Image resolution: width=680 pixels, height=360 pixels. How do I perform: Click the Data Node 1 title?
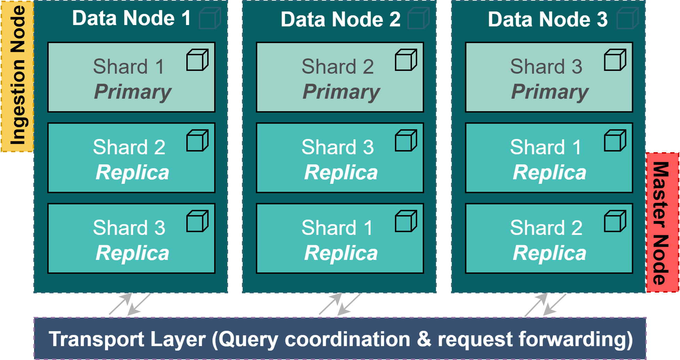click(x=131, y=18)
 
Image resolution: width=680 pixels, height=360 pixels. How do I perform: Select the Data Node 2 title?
click(x=340, y=19)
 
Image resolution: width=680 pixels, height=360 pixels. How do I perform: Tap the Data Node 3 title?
click(x=548, y=19)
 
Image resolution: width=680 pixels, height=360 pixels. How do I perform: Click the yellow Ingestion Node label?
click(x=17, y=76)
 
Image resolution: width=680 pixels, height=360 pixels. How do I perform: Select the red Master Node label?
click(x=662, y=222)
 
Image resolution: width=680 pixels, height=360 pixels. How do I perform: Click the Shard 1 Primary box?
click(x=131, y=77)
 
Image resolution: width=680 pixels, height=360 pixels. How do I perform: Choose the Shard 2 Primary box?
click(x=340, y=77)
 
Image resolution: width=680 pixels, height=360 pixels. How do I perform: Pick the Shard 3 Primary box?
click(x=549, y=77)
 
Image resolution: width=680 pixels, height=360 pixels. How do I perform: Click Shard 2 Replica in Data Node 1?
click(x=131, y=158)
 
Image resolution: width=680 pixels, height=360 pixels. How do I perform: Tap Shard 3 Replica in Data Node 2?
click(x=340, y=158)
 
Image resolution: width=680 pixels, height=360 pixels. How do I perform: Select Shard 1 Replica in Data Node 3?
click(x=549, y=158)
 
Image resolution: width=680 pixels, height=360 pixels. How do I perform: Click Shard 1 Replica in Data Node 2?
click(x=340, y=239)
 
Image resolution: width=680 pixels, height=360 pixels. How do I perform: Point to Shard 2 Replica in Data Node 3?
click(x=549, y=239)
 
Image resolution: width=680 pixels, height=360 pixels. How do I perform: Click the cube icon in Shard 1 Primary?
click(x=197, y=60)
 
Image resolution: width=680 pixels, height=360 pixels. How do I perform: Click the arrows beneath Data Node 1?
click(x=130, y=304)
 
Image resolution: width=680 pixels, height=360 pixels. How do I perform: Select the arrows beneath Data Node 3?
click(x=545, y=304)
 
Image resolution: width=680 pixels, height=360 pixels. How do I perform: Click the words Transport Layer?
click(x=127, y=339)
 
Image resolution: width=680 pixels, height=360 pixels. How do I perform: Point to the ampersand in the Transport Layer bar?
click(x=424, y=339)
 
